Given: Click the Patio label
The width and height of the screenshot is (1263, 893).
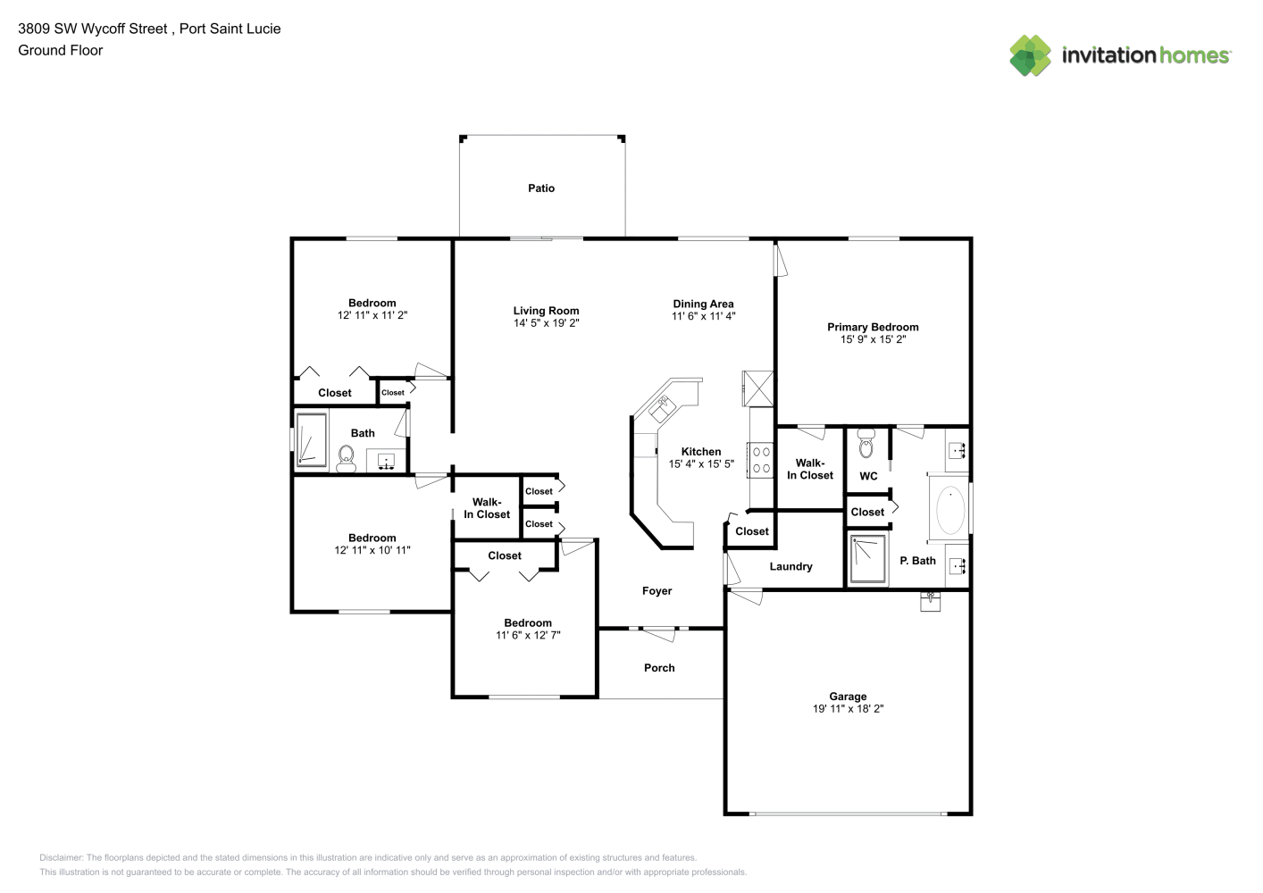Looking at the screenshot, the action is coord(541,188).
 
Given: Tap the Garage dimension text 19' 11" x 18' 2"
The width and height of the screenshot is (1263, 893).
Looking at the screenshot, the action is coord(848,709).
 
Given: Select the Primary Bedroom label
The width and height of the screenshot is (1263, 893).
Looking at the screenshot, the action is coord(873,327).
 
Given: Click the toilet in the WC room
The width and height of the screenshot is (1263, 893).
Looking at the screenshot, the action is coord(866,443).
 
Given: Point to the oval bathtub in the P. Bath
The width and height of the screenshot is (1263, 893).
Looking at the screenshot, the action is coord(950,510).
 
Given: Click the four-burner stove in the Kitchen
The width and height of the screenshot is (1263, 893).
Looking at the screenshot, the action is coord(761,460).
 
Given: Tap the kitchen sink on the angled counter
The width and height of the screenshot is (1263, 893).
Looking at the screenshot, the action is coord(663,408).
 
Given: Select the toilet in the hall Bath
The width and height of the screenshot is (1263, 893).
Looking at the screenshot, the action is coord(346,458).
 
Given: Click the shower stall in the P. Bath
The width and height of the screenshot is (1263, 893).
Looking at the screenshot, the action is coord(867,559).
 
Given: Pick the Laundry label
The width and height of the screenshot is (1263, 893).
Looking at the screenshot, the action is coord(791,566).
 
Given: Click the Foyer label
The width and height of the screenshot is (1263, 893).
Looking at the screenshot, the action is coord(657,591).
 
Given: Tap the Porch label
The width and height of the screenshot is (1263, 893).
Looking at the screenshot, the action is coord(659,668).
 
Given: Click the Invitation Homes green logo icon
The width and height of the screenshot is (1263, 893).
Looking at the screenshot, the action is coord(1030,55).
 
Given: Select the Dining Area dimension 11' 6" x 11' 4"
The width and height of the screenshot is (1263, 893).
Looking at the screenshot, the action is coord(703,316).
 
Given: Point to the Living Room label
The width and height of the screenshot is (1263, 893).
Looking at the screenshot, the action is coord(546,311).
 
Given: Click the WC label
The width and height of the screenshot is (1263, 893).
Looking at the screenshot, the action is coord(868,476).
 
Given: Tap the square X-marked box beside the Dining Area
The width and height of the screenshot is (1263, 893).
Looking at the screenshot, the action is coord(757,388).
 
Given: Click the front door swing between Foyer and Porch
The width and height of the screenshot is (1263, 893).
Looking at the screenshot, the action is coord(658,635).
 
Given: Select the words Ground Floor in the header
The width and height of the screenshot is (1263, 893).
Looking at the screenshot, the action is coord(61,50).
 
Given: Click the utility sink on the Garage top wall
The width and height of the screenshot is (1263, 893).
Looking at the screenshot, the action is coord(931,602).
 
